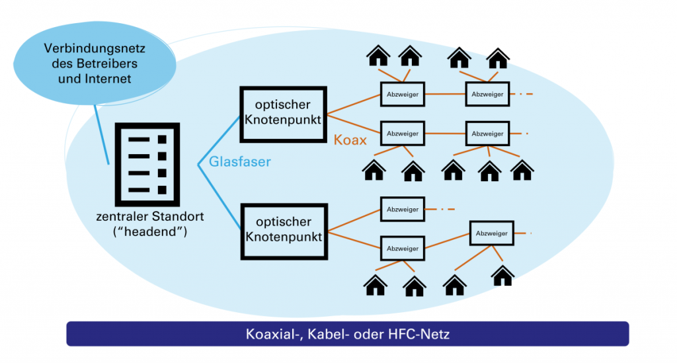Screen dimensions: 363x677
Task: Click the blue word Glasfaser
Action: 240,161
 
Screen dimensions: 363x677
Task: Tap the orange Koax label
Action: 350,140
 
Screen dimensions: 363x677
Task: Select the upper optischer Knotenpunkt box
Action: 284,113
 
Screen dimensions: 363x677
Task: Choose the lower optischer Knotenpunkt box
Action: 284,229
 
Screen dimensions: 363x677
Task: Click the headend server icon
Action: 147,164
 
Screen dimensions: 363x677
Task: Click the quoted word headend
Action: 148,231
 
